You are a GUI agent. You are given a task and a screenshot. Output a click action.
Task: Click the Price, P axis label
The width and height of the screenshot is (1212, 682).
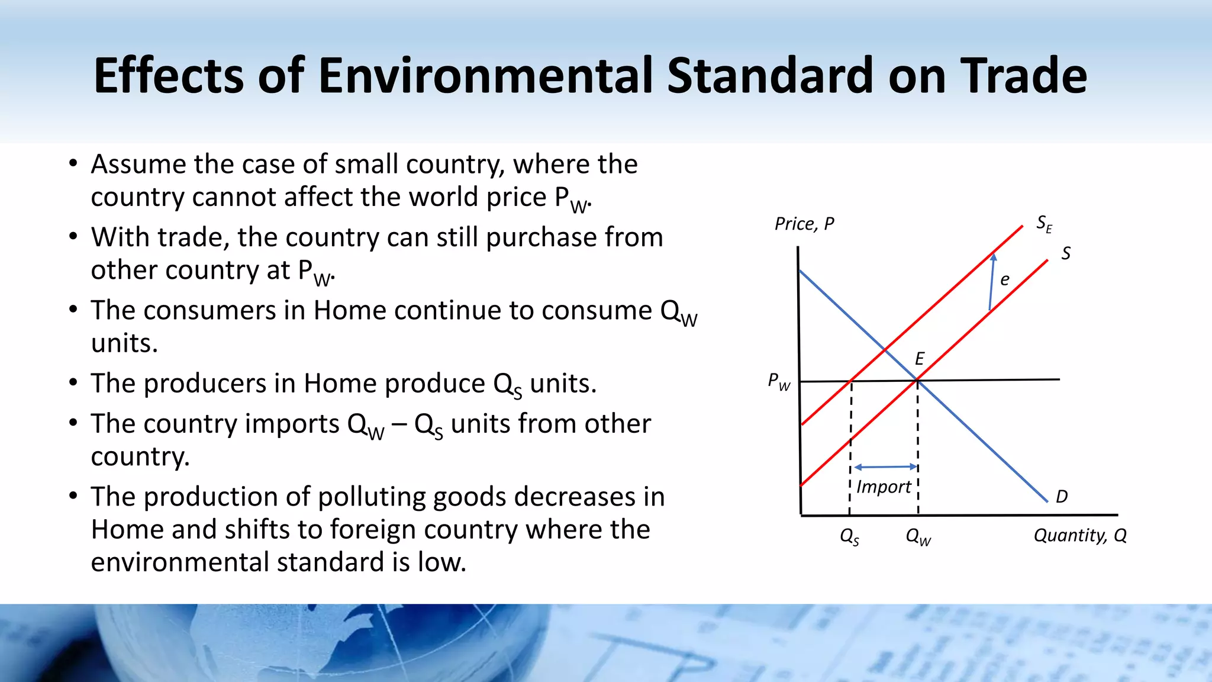coord(804,224)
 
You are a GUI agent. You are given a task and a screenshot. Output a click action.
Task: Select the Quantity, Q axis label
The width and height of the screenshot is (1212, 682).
coord(1079,535)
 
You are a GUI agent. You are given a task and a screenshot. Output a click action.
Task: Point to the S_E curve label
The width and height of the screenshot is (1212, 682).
coord(1044,224)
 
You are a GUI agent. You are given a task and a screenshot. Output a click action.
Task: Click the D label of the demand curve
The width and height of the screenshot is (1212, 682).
coord(1062,496)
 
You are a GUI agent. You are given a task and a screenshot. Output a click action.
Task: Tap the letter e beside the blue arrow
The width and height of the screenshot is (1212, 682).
coord(1004,279)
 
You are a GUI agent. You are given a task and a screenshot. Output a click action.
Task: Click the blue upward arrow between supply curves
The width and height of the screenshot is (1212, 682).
coord(992,282)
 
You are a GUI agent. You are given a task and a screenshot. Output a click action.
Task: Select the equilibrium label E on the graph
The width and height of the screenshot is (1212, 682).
coord(919,358)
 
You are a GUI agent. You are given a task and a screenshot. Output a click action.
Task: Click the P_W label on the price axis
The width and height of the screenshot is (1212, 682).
coord(778,381)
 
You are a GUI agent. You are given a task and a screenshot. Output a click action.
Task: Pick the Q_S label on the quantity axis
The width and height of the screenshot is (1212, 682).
coord(849,537)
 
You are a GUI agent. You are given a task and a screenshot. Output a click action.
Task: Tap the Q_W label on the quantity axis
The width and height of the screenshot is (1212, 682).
coord(918,537)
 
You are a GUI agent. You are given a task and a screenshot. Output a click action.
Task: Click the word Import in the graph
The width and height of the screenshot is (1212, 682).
coord(883,487)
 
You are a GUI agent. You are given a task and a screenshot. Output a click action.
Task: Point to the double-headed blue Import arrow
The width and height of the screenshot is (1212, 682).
coord(885,467)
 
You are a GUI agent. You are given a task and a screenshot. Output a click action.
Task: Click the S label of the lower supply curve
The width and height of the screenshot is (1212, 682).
coord(1065,253)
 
